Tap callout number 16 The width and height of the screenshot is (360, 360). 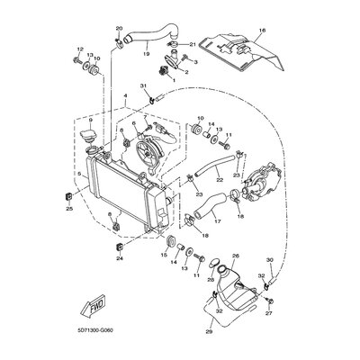[261, 30]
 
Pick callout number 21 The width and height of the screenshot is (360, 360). [192, 44]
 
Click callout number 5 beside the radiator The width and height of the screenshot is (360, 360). [79, 174]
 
